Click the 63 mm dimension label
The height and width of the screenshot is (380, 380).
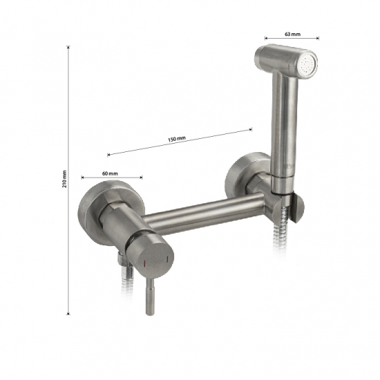[x=292, y=34]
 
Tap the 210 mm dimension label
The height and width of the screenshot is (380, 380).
[x=64, y=179]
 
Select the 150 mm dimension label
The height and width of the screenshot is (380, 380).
[x=177, y=139]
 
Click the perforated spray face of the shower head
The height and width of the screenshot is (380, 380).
[x=307, y=65]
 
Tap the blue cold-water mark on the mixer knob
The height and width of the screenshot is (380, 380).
[x=167, y=259]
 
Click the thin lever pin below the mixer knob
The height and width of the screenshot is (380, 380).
[x=150, y=296]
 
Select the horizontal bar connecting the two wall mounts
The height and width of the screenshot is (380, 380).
[x=204, y=214]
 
